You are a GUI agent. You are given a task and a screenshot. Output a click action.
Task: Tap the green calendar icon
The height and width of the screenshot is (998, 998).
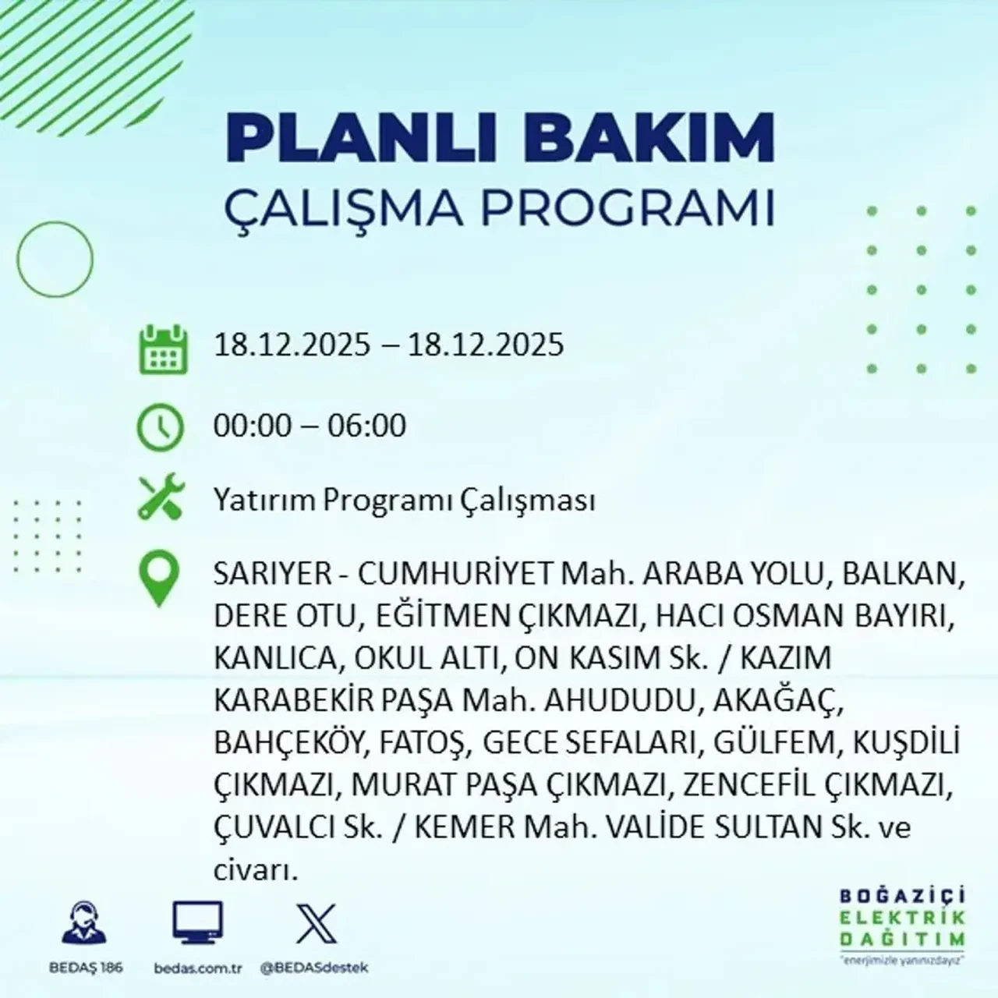click(163, 349)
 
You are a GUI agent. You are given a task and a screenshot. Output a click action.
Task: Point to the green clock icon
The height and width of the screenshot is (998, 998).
click(161, 428)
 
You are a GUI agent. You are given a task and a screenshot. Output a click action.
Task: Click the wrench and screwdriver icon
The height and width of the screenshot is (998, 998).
click(161, 499)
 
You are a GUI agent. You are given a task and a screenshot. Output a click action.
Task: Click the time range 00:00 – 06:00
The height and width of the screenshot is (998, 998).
click(310, 426)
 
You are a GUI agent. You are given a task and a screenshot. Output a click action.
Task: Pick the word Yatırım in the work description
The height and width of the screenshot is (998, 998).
click(265, 501)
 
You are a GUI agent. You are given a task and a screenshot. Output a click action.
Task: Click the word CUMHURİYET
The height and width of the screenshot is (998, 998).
click(454, 575)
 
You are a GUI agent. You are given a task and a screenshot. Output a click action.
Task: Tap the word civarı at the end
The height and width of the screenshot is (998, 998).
click(256, 869)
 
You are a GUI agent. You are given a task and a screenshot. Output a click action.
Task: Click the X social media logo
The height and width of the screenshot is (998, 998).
click(317, 924)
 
